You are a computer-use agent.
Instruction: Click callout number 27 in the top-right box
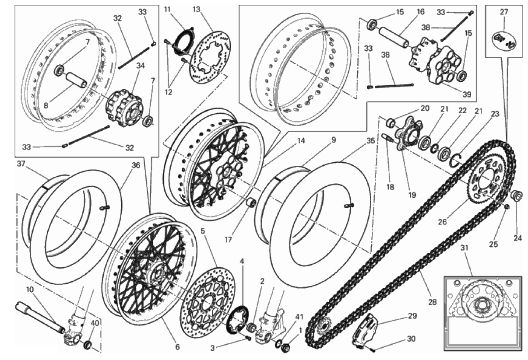click(504, 12)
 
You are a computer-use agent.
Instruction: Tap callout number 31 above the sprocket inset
click(465, 248)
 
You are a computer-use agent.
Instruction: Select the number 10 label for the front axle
click(30, 290)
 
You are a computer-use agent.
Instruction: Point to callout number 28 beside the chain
click(432, 302)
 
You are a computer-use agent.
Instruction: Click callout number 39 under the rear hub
click(467, 94)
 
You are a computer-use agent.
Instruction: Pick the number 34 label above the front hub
click(141, 66)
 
